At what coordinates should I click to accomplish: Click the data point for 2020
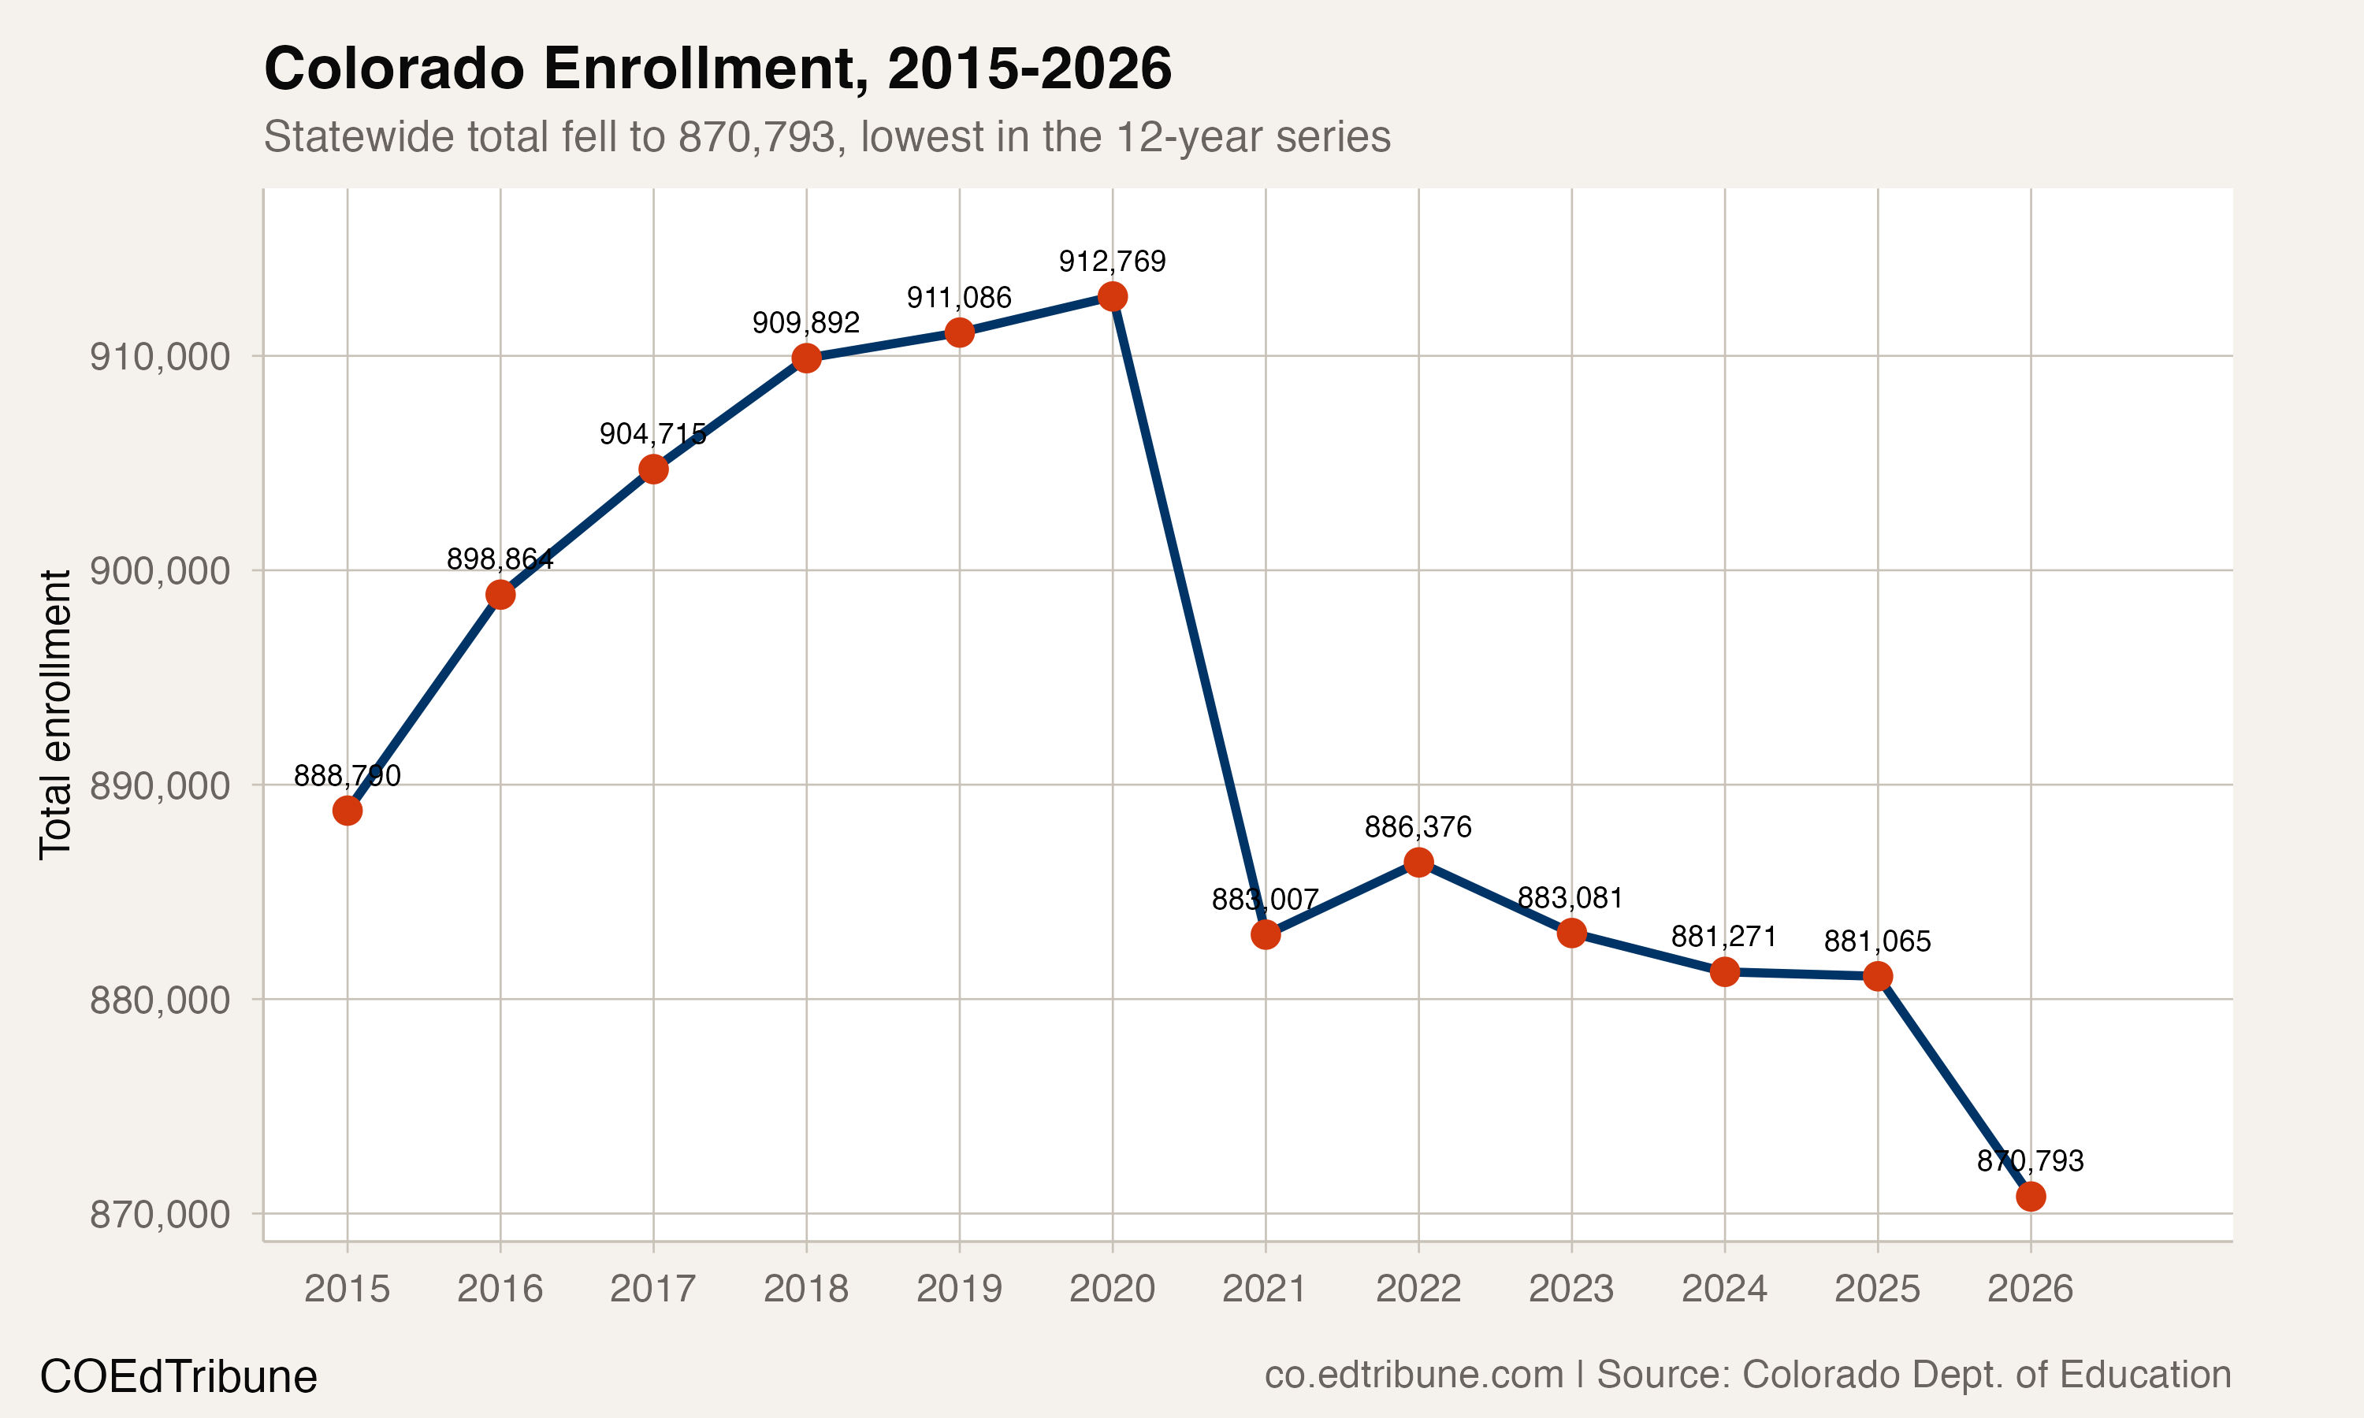[1112, 296]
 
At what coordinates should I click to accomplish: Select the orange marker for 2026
[2031, 1197]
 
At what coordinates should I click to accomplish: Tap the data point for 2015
[347, 811]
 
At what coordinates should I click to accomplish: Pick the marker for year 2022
[1418, 862]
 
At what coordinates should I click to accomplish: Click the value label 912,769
[1112, 262]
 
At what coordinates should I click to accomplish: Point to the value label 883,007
[1265, 899]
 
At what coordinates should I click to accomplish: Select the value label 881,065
[1877, 941]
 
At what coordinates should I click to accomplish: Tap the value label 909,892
[805, 323]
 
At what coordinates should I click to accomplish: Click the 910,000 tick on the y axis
[161, 356]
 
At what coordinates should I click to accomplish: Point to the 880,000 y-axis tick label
[161, 1000]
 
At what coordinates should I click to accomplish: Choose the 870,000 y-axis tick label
[161, 1215]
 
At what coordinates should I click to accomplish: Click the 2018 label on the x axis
[805, 1289]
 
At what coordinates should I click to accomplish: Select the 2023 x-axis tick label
[1571, 1289]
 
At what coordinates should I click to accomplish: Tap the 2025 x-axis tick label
[1877, 1289]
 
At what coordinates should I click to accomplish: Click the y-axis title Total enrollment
[55, 715]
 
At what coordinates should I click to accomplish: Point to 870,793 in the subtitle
[758, 136]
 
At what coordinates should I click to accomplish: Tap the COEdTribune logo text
[179, 1377]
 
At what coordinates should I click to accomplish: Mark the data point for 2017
[652, 470]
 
